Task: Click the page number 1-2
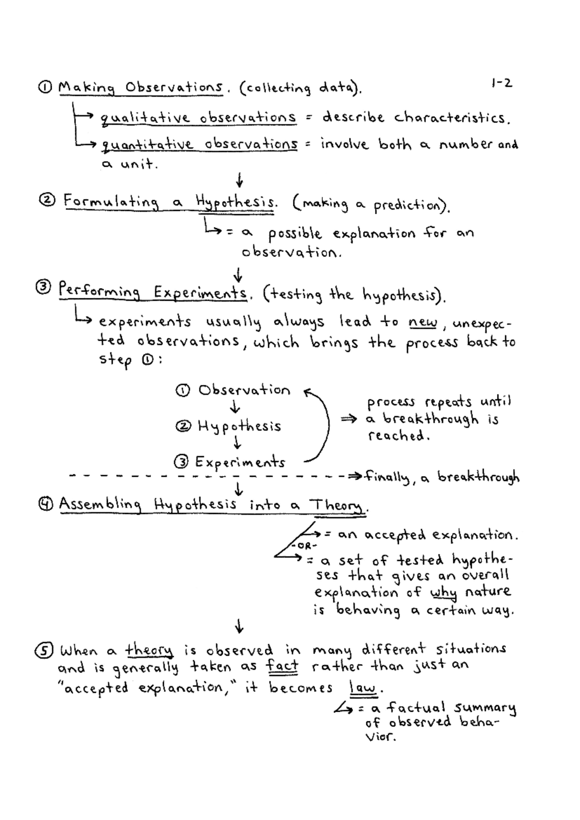[x=501, y=83]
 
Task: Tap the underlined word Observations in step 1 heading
[x=174, y=88]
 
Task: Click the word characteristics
[x=452, y=118]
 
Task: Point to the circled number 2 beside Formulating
[x=48, y=200]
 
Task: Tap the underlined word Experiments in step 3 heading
[x=200, y=293]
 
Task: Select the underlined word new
[x=423, y=322]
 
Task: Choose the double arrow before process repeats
[x=349, y=419]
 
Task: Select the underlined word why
[x=443, y=592]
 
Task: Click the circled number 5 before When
[x=44, y=650]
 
